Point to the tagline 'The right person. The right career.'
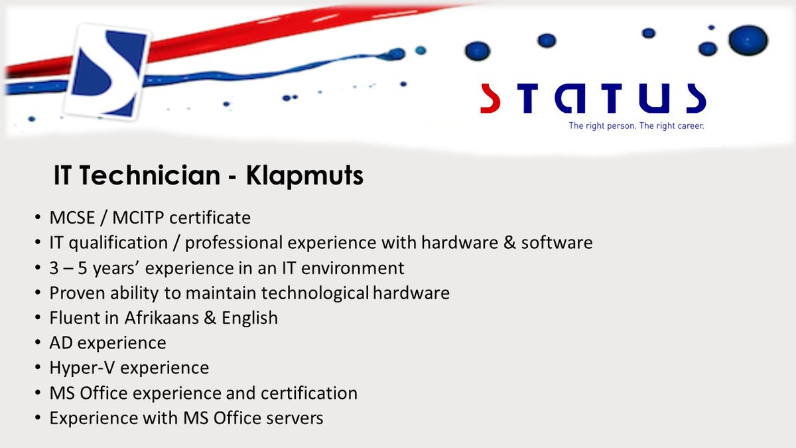(x=635, y=125)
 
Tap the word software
(x=557, y=242)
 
